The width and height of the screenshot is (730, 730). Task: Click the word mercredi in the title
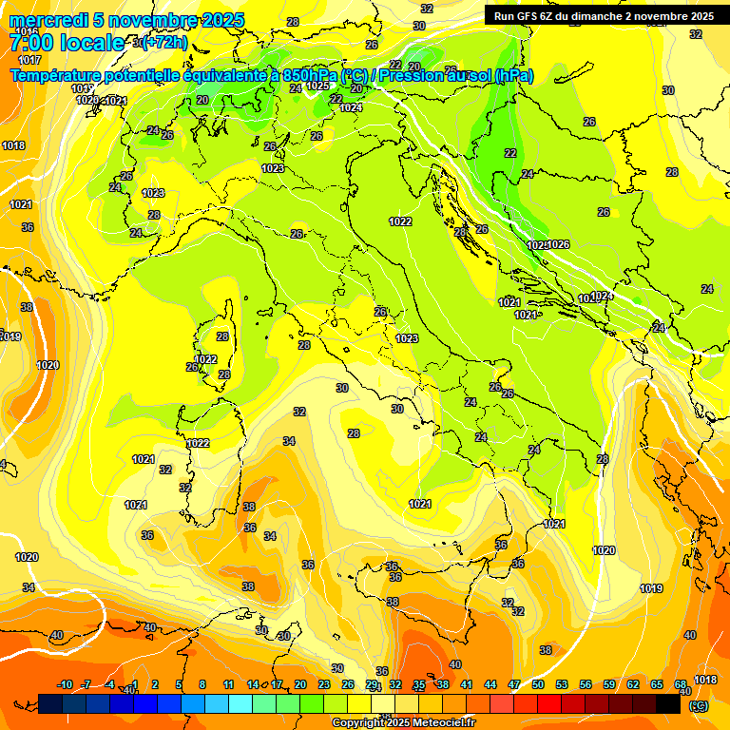coord(44,21)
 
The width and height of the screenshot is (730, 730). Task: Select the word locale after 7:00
coord(92,43)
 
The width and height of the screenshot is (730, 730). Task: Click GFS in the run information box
coord(529,16)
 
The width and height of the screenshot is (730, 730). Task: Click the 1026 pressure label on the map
coord(558,244)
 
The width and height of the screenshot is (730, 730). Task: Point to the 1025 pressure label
coord(317,86)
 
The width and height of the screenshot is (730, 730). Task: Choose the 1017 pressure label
coord(29,59)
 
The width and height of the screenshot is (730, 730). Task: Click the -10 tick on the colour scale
coord(65,684)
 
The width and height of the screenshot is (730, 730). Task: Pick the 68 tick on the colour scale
coord(681,684)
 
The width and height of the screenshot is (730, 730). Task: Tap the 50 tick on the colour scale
coord(538,684)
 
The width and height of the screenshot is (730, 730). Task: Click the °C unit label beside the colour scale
coord(699,705)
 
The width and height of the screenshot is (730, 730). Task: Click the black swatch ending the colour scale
coord(668,703)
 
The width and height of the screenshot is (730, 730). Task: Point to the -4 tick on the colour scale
coord(110,684)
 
